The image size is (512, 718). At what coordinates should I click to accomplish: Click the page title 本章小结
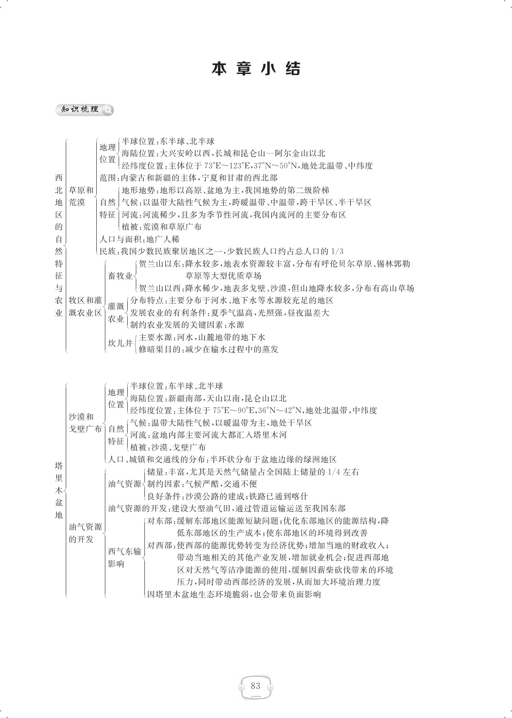coord(256,69)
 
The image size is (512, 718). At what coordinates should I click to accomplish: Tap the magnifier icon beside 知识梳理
coord(108,110)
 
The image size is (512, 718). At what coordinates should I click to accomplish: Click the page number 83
coord(255,686)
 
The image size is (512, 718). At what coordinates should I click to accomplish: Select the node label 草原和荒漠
coord(81,196)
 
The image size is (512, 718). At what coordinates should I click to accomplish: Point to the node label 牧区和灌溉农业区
coord(85,307)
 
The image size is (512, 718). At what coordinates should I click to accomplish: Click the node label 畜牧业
coord(120,276)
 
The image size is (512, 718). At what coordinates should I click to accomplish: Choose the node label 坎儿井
coord(120,343)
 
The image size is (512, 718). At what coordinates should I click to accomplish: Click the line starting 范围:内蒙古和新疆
coord(188,178)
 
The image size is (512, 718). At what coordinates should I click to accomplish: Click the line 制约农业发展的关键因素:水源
coord(187,325)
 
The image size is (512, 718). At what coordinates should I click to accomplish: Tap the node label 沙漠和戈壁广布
coord(85,423)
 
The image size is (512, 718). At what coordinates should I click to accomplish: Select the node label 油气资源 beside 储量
coord(125,484)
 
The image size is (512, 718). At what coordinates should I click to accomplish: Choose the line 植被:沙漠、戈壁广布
coord(168,447)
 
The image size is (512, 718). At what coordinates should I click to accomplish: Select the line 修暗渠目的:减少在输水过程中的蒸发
coord(208,350)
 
